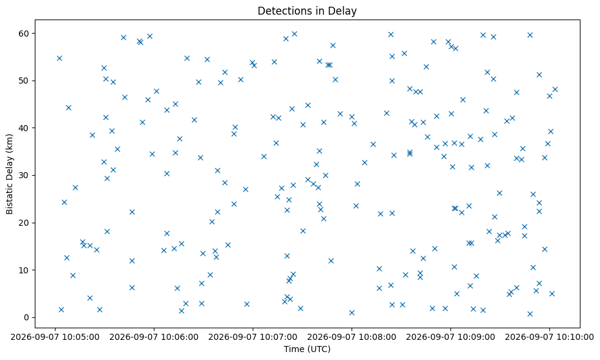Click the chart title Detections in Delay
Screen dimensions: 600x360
(x=307, y=11)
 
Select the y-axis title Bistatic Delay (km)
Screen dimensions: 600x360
(x=10, y=174)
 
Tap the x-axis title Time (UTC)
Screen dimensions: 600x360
(x=307, y=349)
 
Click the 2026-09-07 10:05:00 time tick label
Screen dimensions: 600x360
(x=55, y=337)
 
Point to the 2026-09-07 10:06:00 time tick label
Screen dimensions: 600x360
(x=154, y=337)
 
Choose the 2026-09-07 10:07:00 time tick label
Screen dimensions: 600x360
(x=253, y=337)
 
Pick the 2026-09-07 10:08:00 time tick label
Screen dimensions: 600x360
(x=352, y=337)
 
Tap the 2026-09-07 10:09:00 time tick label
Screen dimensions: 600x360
(x=450, y=337)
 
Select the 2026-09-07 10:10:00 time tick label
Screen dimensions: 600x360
(x=549, y=337)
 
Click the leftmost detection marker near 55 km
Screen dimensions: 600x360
(x=59, y=58)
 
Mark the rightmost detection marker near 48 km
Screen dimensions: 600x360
(x=555, y=90)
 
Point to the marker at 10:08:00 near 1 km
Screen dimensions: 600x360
(x=352, y=312)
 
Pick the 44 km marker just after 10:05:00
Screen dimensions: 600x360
(x=68, y=107)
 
